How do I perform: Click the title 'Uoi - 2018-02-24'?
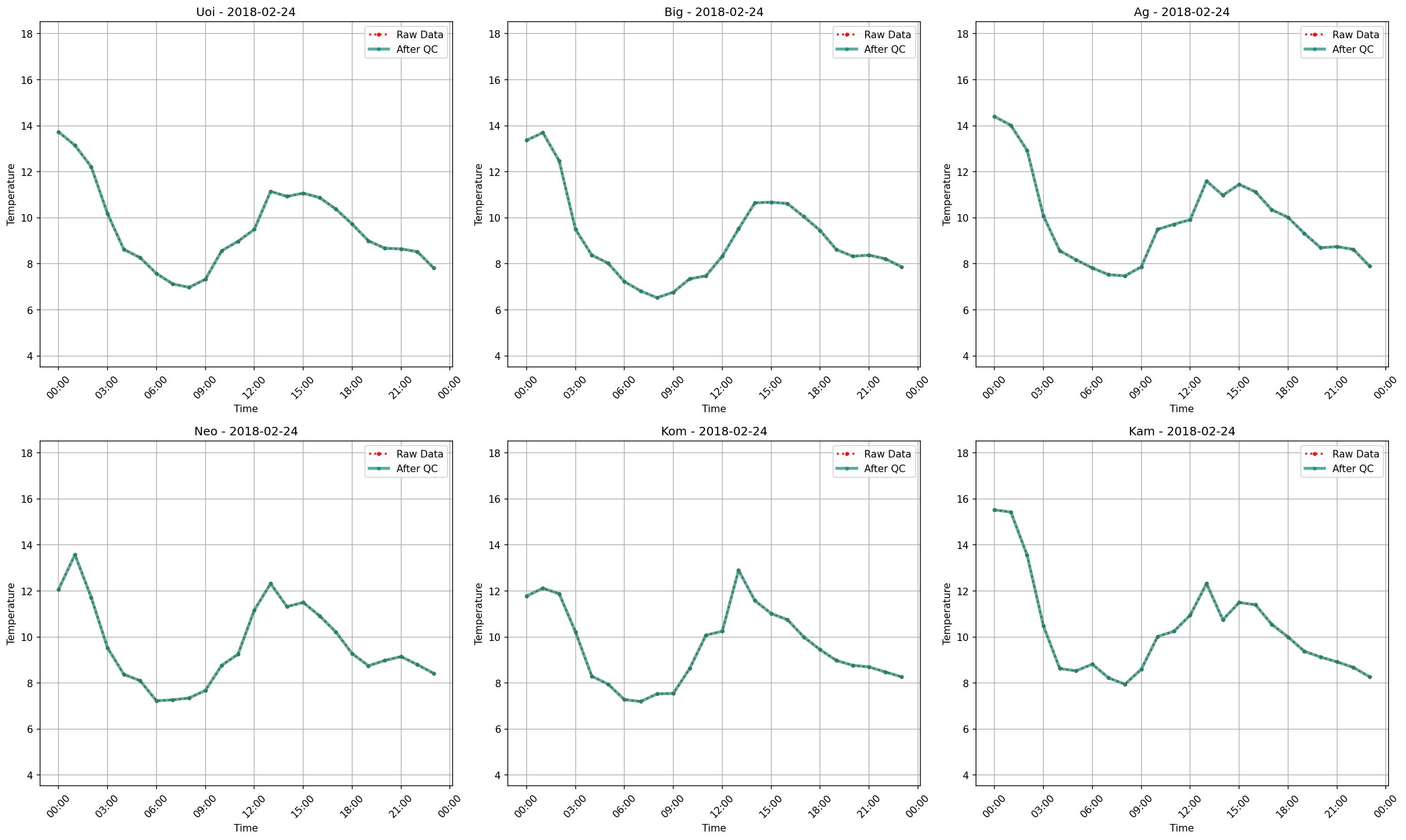(246, 12)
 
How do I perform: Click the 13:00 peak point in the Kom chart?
(738, 571)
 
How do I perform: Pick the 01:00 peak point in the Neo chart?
(74, 555)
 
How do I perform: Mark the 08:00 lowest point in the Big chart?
(657, 298)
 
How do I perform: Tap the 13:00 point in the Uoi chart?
(271, 191)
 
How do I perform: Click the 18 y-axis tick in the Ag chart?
(962, 34)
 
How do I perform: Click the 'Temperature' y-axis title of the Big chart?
(479, 194)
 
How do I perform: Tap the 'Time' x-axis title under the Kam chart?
(1182, 828)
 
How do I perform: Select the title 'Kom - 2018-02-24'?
(713, 432)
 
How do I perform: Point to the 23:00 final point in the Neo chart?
(434, 674)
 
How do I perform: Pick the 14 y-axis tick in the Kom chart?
(495, 545)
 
